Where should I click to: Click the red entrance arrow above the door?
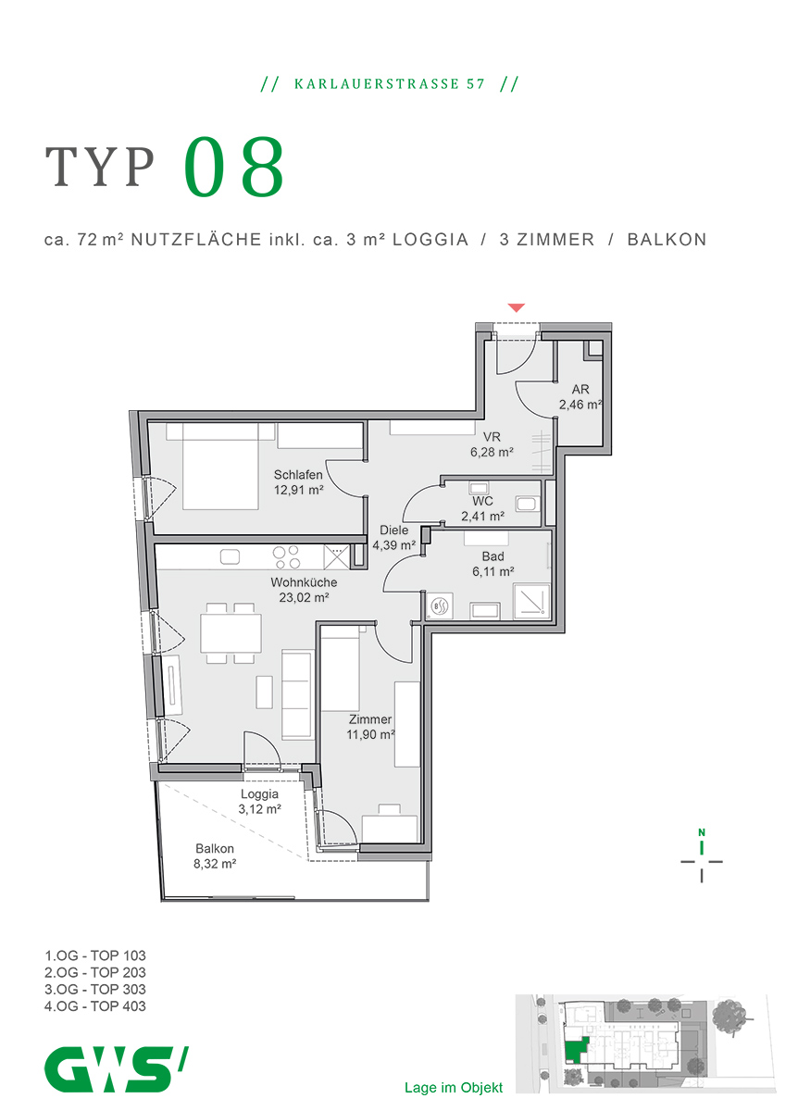pyautogui.click(x=517, y=307)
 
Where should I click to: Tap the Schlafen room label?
pyautogui.click(x=298, y=476)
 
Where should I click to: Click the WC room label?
pyautogui.click(x=481, y=501)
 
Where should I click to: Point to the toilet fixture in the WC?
pyautogui.click(x=528, y=505)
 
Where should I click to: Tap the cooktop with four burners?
pyautogui.click(x=286, y=556)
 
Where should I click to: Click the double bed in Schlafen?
pyautogui.click(x=220, y=465)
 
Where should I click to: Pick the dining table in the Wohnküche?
pyautogui.click(x=231, y=633)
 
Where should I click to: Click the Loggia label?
pyautogui.click(x=259, y=793)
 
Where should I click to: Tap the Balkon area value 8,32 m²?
pyautogui.click(x=215, y=864)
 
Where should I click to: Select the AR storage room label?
pyautogui.click(x=580, y=390)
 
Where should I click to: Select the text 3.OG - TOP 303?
pyautogui.click(x=94, y=989)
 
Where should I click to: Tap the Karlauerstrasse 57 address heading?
pyautogui.click(x=390, y=84)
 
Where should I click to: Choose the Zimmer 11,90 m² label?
pyautogui.click(x=371, y=727)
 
